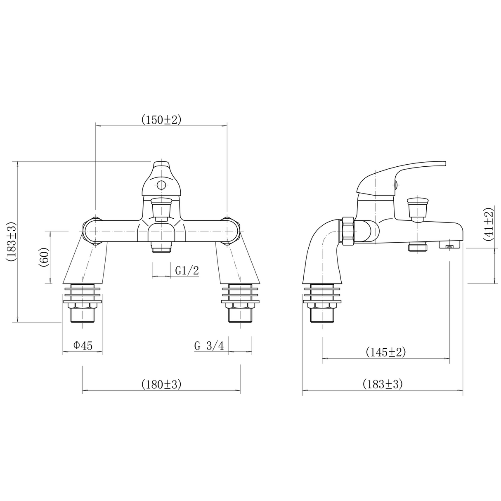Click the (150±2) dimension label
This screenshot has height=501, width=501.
161,120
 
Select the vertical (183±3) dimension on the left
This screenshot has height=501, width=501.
11,241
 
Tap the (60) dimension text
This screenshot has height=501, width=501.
45,258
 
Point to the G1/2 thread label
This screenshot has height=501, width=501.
187,270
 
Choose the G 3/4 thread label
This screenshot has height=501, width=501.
209,346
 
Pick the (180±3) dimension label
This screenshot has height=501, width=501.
161,385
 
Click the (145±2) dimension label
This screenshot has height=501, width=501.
386,352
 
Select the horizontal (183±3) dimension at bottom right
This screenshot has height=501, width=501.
383,385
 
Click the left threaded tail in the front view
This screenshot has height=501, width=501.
83,315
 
